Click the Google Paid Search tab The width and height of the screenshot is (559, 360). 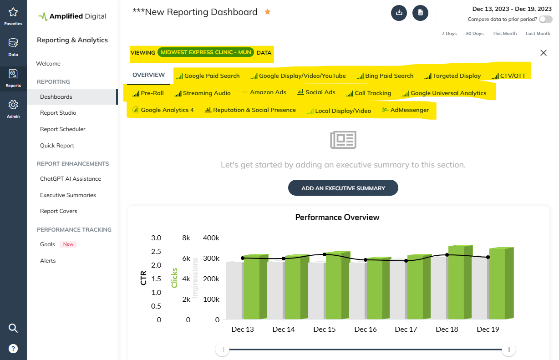tap(208, 76)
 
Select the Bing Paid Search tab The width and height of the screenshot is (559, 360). tap(385, 76)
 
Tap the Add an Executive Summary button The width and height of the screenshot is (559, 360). tap(343, 188)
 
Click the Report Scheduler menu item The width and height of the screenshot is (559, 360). tap(63, 129)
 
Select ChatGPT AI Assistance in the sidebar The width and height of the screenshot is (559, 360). tap(71, 179)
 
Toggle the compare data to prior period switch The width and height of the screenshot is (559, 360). tap(545, 20)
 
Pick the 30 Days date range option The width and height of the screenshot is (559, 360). tap(474, 34)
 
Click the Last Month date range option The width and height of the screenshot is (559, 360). tap(538, 34)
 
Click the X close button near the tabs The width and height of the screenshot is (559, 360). tap(543, 53)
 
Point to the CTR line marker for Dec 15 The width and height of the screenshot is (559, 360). tap(325, 254)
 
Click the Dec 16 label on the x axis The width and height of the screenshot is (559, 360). tap(366, 330)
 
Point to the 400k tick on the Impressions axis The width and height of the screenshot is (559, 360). tap(211, 238)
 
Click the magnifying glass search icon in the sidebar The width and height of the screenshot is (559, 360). tap(13, 328)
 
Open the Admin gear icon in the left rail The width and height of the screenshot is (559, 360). tap(13, 105)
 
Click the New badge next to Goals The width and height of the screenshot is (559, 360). tap(68, 244)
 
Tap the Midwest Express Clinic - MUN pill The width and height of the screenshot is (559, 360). tap(206, 52)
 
